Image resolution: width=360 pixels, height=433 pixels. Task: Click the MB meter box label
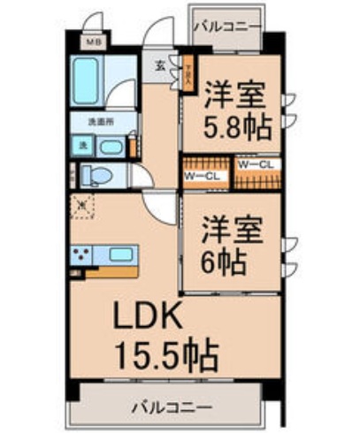[x=91, y=41]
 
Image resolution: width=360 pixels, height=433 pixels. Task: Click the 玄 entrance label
[x=160, y=65]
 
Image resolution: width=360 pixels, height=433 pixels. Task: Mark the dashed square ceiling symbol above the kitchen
[x=83, y=205]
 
